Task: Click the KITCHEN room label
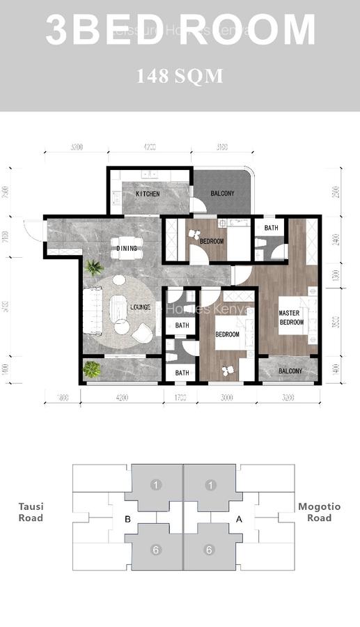(148, 194)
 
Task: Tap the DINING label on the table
(127, 248)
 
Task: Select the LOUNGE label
(141, 307)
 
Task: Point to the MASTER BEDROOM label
(292, 318)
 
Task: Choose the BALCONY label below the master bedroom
(290, 371)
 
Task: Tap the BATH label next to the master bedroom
(271, 228)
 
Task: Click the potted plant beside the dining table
(93, 268)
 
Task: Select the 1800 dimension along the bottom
(62, 398)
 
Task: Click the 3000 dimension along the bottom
(228, 398)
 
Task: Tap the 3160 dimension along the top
(221, 147)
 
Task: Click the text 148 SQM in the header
(180, 77)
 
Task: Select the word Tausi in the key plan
(31, 507)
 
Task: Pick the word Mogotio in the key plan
(320, 507)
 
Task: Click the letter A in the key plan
(240, 519)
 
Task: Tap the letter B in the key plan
(127, 519)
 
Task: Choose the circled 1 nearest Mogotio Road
(211, 485)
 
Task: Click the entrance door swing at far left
(32, 229)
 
